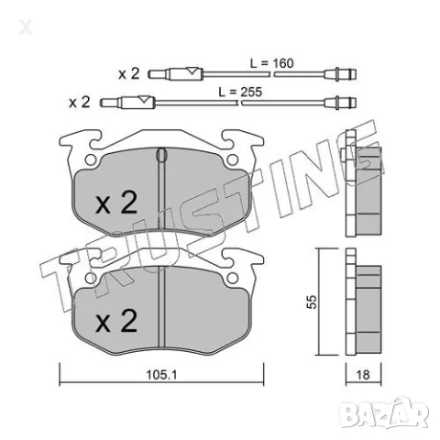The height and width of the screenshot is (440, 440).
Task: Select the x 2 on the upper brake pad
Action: (116, 203)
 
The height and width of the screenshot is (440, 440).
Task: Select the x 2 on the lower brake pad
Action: (115, 321)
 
